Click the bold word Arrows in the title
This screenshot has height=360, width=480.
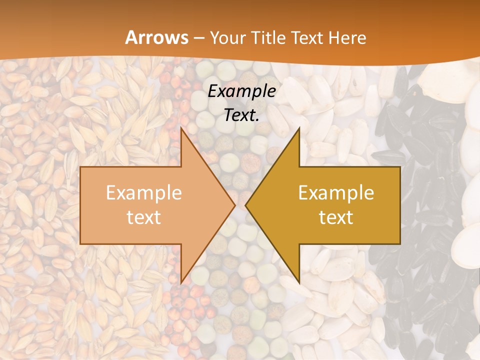[156, 37]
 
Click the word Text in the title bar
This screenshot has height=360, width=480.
[308, 37]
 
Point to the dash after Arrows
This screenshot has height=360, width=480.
[198, 38]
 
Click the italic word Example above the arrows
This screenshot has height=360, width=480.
[241, 91]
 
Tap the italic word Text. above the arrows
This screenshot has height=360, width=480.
[241, 115]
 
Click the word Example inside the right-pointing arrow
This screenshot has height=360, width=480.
[143, 192]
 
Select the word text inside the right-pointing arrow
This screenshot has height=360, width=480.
[143, 217]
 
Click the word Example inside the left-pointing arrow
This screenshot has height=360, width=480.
[336, 192]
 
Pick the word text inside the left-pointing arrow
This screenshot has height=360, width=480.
[336, 217]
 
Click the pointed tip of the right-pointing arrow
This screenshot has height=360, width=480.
[235, 205]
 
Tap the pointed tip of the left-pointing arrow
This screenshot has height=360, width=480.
[245, 205]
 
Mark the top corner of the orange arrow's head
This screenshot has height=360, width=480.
[181, 128]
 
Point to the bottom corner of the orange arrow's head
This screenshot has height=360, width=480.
[181, 282]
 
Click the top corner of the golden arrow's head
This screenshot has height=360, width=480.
[299, 128]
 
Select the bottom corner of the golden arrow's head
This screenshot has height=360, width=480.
[299, 282]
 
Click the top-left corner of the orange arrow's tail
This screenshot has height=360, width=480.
[80, 167]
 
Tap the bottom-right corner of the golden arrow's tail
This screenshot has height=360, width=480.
[400, 243]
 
